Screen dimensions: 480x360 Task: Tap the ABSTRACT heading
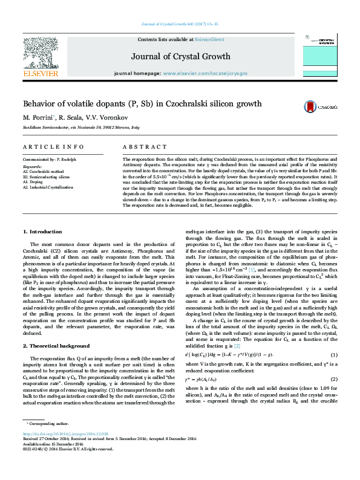[x=145, y=148]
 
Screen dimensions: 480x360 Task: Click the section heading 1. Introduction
[x=42, y=232]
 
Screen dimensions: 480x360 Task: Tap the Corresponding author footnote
[x=45, y=441]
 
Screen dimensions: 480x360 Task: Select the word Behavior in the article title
[x=41, y=103]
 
